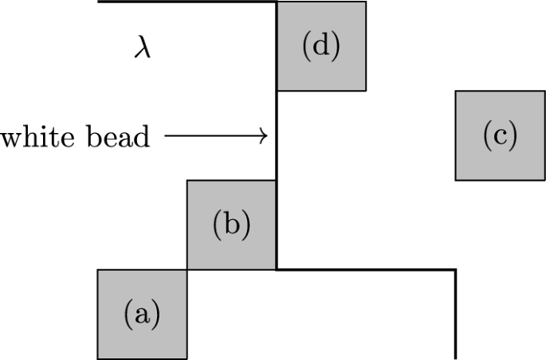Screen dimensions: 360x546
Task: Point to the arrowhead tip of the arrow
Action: [266, 137]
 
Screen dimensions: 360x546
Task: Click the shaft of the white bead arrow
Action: [211, 137]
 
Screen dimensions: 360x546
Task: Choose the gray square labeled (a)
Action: [142, 314]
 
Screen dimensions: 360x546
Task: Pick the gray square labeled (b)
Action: [231, 225]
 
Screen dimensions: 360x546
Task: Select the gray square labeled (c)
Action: [500, 135]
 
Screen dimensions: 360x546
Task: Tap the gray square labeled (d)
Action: [320, 46]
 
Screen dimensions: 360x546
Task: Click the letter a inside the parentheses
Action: [142, 315]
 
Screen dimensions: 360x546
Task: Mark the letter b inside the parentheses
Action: [231, 225]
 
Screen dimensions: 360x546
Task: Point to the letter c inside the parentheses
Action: [500, 137]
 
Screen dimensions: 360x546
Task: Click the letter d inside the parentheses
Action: [320, 46]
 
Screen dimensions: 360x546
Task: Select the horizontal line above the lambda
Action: [187, 2]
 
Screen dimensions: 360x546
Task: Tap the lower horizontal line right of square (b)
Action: [367, 270]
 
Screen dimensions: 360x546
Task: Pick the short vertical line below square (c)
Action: [455, 315]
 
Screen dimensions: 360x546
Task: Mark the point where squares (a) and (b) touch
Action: [187, 269]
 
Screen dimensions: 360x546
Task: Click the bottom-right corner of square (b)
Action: [276, 269]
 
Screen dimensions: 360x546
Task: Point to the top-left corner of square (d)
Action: [277, 2]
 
